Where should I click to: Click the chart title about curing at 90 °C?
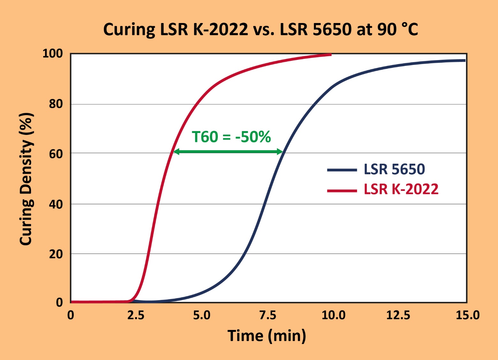(260, 29)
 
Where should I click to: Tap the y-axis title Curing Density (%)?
(27, 179)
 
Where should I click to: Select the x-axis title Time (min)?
(267, 336)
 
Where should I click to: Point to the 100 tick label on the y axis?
(53, 53)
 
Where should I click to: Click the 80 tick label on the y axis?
(56, 104)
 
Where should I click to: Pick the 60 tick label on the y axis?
(56, 154)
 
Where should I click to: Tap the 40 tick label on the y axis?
(56, 204)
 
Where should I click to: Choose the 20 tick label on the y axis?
(56, 254)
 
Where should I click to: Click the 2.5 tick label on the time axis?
(136, 316)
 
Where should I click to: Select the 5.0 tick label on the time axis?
(202, 316)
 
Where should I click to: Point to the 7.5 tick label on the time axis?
(267, 316)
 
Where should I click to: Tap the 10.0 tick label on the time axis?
(333, 316)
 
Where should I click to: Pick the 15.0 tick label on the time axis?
(467, 316)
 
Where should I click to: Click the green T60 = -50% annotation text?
(231, 137)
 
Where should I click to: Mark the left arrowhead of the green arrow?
(176, 152)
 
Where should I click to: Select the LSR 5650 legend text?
(394, 169)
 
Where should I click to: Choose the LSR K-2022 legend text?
(401, 189)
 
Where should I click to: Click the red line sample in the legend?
(342, 191)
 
